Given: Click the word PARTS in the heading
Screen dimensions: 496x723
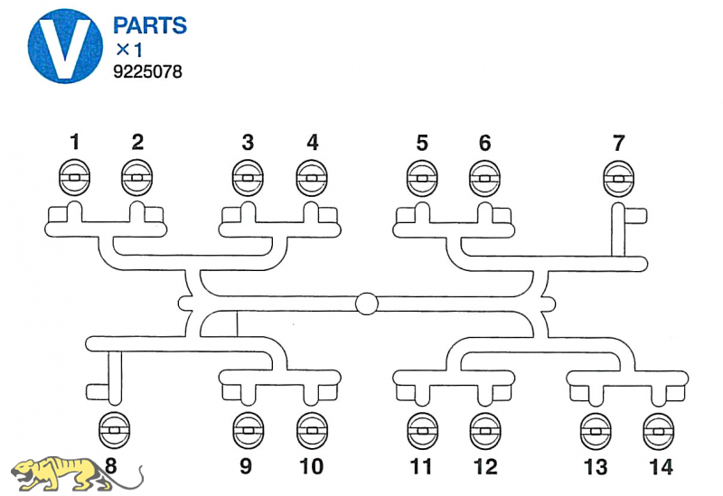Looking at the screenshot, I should coord(150,24).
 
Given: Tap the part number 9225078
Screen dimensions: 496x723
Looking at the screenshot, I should coord(148,70).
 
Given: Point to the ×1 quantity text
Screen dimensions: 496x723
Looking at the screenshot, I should coord(128,49).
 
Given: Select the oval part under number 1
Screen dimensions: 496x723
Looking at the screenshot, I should coord(75,178).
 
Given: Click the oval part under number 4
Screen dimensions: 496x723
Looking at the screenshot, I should coord(312,178).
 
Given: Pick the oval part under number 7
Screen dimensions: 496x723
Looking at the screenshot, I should coord(618,178).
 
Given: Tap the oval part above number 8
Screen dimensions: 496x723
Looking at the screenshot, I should coord(113,431).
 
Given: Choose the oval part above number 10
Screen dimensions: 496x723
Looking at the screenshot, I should coord(311,431).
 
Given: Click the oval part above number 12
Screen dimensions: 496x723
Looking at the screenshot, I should coord(485,431).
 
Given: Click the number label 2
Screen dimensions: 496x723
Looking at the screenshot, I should coord(137,142).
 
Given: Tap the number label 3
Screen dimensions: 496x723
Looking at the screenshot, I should coord(248,142).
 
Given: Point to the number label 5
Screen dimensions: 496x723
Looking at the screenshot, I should coord(422,142).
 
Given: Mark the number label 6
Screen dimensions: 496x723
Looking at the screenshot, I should coord(485,142).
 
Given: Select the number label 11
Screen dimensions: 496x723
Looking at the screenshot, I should coord(420,466).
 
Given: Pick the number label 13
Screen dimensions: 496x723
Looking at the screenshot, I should coord(596,466).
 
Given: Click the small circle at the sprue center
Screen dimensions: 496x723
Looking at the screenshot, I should coord(367,304).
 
